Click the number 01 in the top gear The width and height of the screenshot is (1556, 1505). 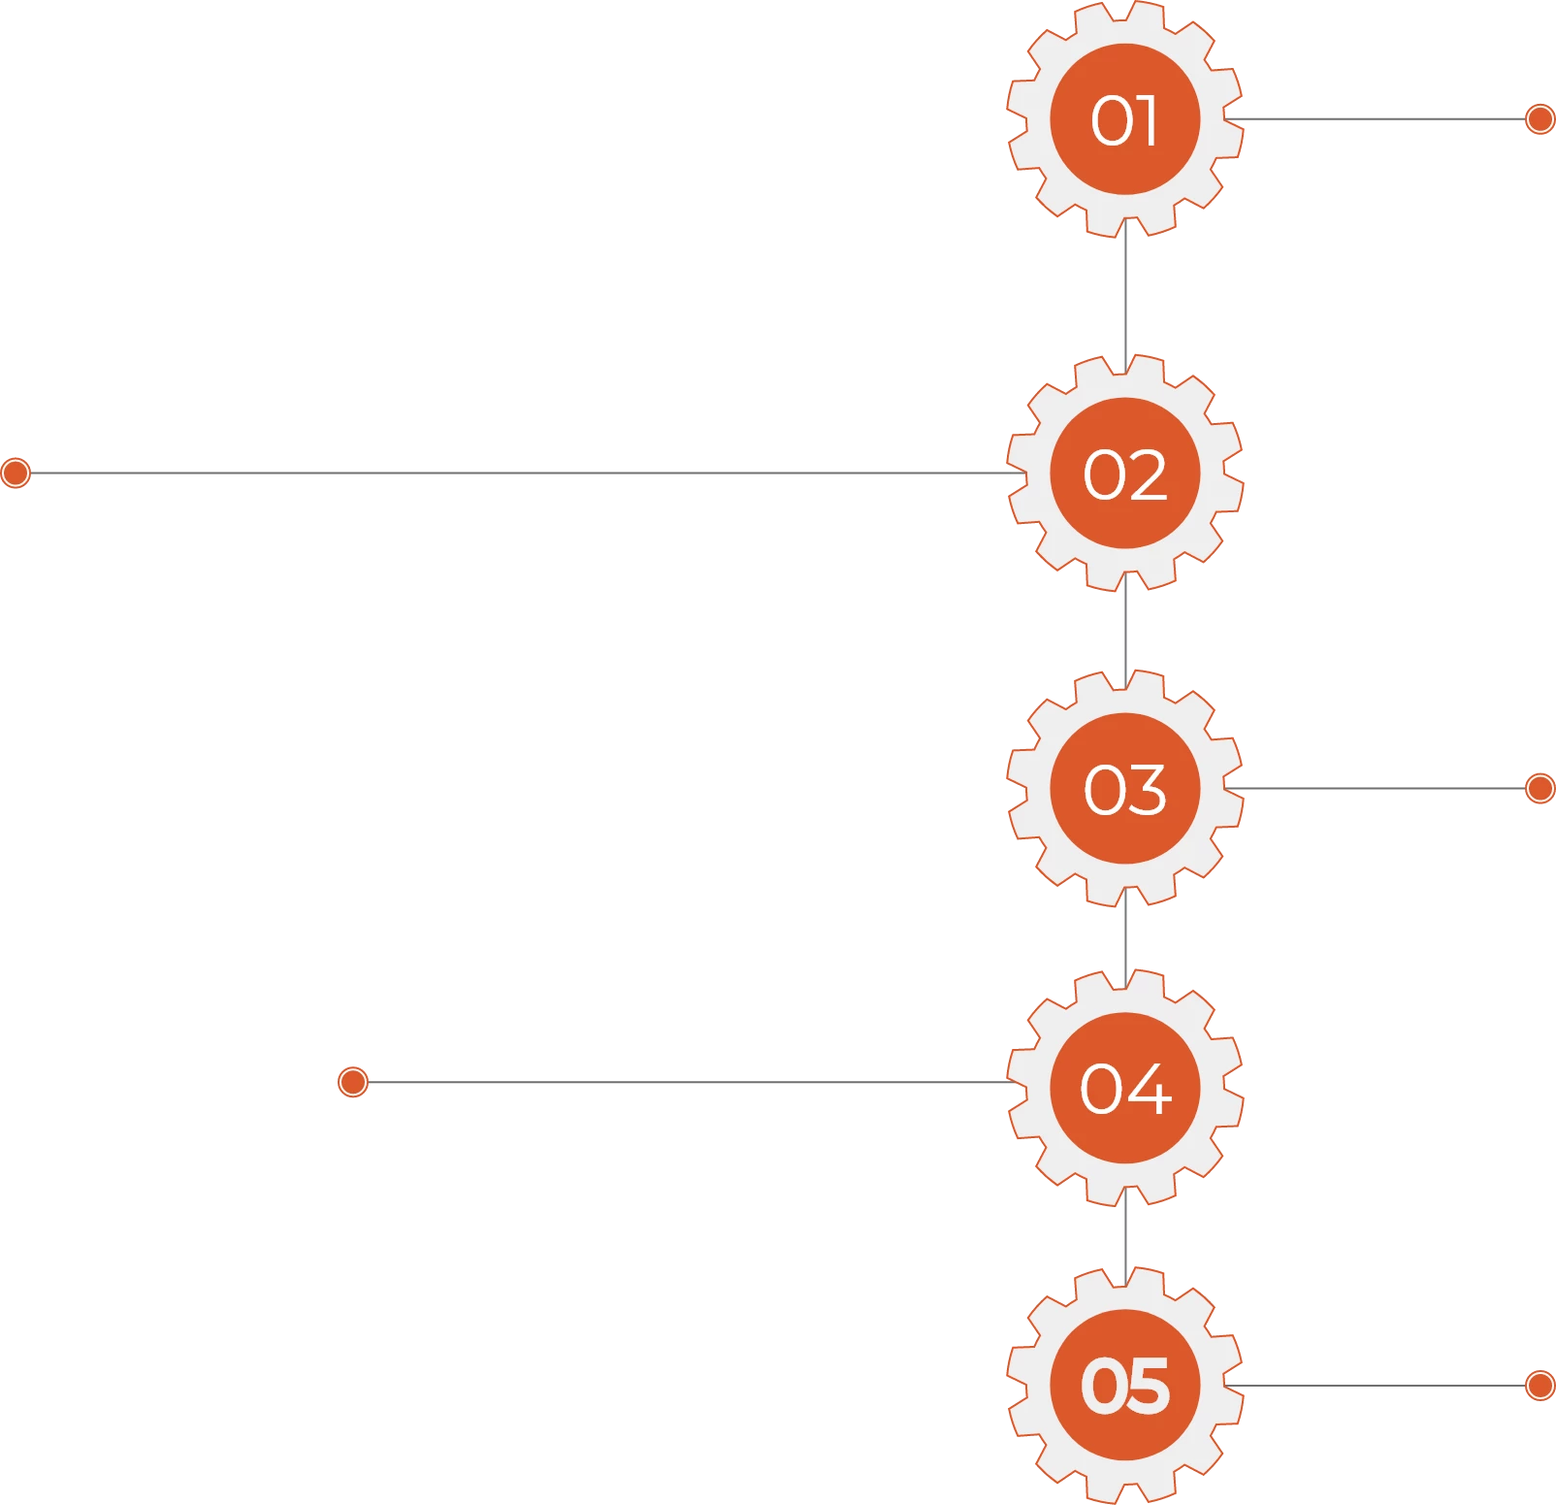point(1124,120)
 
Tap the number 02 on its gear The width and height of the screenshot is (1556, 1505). point(1124,474)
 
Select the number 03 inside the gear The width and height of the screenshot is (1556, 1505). point(1124,789)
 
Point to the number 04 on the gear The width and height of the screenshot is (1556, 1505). point(1124,1088)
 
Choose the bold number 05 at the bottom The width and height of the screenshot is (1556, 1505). point(1124,1385)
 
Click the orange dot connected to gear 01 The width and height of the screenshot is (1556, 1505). point(1540,119)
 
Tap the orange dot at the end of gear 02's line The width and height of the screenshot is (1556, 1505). point(16,473)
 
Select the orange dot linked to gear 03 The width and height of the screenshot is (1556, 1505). point(1540,788)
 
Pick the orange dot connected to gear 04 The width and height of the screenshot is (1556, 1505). point(353,1081)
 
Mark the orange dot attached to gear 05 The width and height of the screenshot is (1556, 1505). point(1540,1385)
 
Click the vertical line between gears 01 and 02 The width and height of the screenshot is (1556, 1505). point(1125,296)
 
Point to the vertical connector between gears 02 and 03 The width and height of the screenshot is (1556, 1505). point(1125,631)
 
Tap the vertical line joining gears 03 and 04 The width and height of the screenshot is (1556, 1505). point(1125,937)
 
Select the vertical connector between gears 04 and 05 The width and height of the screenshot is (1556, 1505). point(1125,1236)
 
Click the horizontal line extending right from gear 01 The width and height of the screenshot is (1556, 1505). point(1378,119)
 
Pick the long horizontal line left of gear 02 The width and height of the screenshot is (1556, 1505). point(514,473)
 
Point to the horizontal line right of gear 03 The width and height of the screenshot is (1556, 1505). point(1378,788)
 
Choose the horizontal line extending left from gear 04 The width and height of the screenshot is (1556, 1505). point(679,1082)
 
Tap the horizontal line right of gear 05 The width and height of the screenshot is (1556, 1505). point(1378,1385)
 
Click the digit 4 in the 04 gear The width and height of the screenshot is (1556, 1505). point(1148,1089)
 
